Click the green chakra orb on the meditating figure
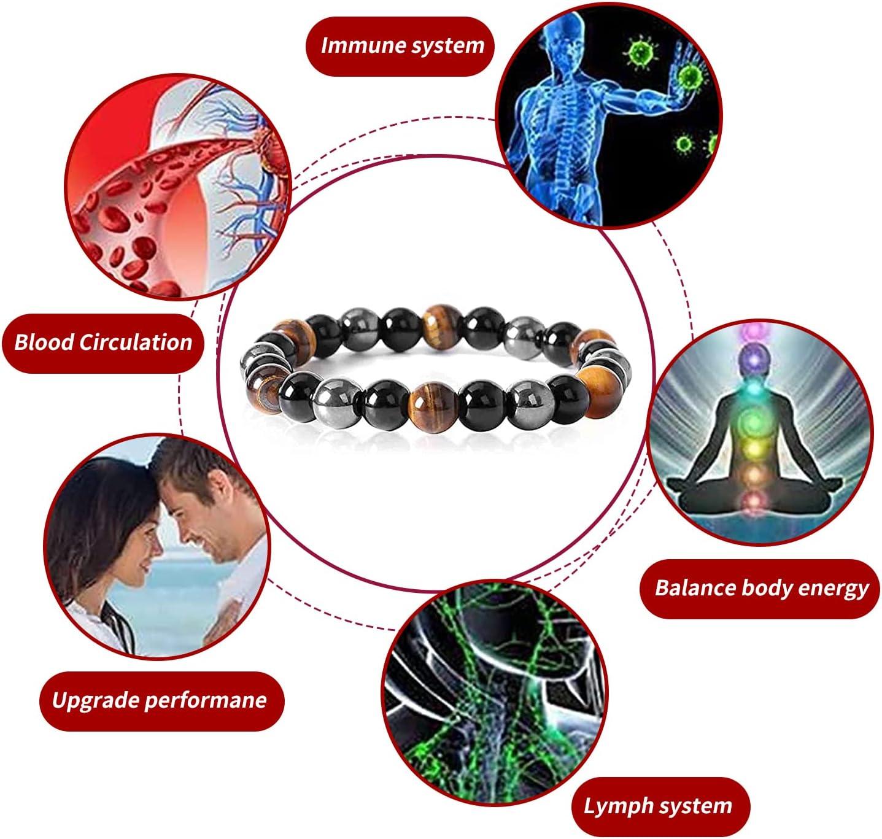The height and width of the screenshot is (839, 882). (x=754, y=420)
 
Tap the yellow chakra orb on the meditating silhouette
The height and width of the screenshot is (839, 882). (x=754, y=447)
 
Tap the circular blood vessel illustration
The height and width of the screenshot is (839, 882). (x=178, y=186)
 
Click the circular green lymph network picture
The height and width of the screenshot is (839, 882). (x=494, y=695)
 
